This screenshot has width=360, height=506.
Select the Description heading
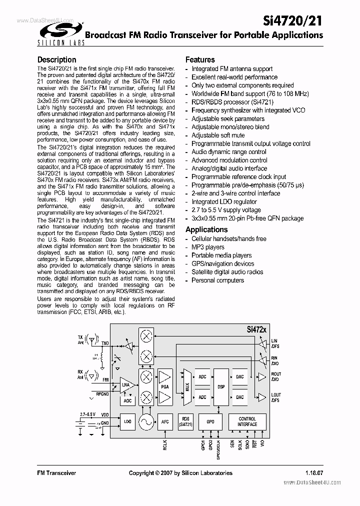tap(57, 60)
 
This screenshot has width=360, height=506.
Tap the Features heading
tap(200, 59)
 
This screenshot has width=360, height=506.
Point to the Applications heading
tap(206, 229)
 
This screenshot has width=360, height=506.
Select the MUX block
tap(187, 386)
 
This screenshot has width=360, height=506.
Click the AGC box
tap(127, 401)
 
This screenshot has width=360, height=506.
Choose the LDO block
tap(127, 421)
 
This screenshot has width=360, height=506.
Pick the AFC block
tap(165, 421)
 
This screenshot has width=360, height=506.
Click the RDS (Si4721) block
tap(185, 421)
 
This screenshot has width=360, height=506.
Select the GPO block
tap(210, 421)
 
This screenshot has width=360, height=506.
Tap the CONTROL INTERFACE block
tap(247, 421)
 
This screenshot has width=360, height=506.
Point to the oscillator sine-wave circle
tap(146, 422)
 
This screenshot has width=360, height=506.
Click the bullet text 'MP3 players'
tap(207, 247)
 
